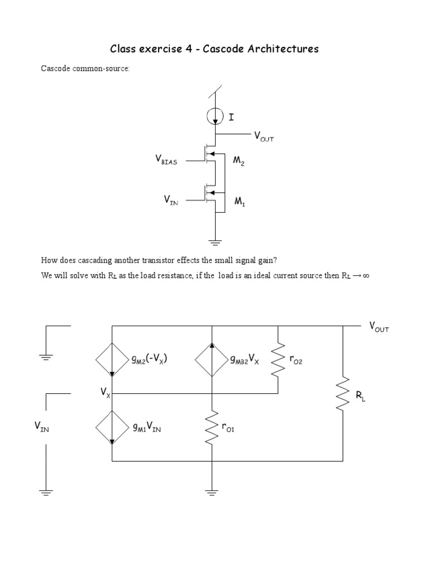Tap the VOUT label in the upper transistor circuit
coord(264,136)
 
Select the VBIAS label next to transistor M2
coord(166,161)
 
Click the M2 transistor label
coord(239,161)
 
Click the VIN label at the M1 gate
coord(170,199)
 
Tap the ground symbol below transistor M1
coord(215,241)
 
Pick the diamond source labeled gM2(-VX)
coord(112,360)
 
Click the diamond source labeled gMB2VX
coord(212,360)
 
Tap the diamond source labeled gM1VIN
coord(112,427)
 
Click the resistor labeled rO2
coord(278,361)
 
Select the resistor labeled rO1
coord(212,428)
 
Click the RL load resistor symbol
coord(342,394)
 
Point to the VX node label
coord(105,393)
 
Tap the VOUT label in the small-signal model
coord(378,327)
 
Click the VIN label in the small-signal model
coord(42,428)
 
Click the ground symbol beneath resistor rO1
coord(212,492)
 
